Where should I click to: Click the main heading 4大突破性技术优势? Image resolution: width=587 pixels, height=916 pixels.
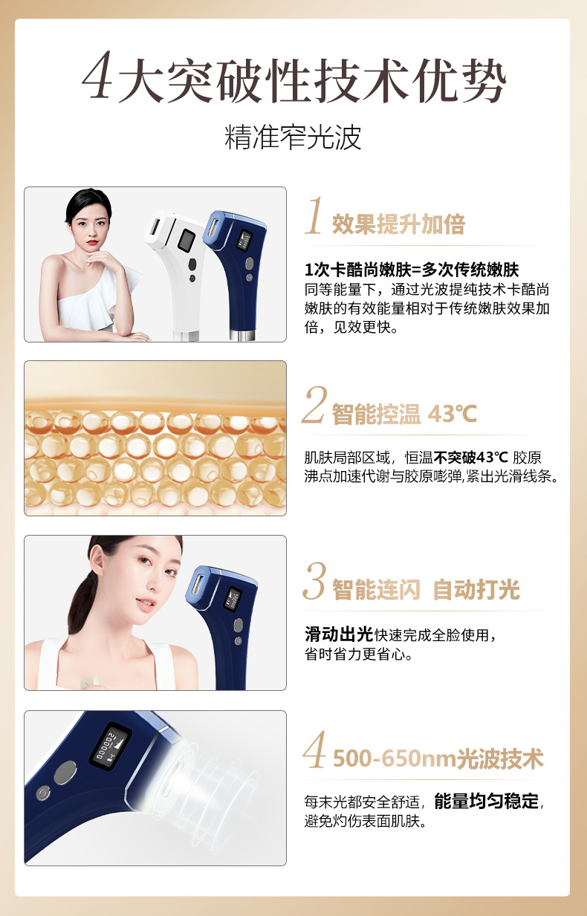coord(293,78)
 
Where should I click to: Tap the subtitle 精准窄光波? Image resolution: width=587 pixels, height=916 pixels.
coord(293,137)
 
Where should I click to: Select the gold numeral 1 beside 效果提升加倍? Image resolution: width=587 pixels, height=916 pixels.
coord(314,215)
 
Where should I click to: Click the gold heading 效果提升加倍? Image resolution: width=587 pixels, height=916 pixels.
coord(398,224)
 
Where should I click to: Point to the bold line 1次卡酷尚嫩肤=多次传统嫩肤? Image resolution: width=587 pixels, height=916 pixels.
coord(412,270)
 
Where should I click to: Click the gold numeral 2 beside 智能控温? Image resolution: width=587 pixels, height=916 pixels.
coord(314,404)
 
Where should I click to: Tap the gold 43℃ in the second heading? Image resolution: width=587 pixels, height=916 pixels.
coord(452,414)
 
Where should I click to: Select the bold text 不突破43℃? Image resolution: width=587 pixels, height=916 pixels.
coord(470,457)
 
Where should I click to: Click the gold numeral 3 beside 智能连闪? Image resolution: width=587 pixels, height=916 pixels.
coord(314,581)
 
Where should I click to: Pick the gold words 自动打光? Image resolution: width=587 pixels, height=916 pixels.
coord(476,590)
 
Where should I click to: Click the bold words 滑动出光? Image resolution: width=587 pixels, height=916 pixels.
coord(339,634)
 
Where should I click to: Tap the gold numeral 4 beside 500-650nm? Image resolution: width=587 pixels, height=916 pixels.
coord(314,749)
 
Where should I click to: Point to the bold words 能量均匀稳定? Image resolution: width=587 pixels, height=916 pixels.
coord(487,801)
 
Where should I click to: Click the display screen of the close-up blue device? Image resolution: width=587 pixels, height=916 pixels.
coord(111,746)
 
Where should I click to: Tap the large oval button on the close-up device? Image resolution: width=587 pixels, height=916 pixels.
coord(65,773)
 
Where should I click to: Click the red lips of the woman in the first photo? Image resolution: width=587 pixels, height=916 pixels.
coord(92,242)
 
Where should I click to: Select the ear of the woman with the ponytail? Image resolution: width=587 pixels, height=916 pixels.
coord(97,558)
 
